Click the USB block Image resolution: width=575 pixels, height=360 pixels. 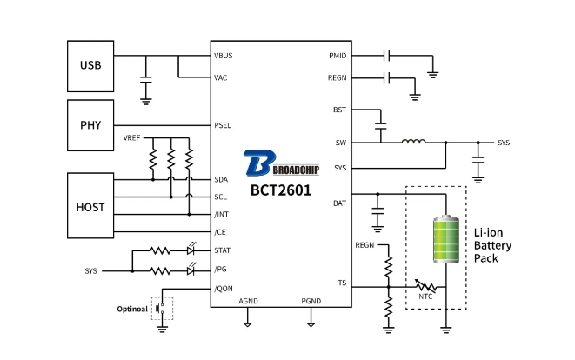91,64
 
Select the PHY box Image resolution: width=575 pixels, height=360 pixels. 91,124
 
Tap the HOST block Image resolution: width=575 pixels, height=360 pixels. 91,207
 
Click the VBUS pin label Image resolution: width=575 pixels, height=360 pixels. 224,56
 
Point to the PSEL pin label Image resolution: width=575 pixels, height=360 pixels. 223,124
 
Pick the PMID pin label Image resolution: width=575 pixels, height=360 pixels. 338,56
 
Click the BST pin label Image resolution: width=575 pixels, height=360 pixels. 339,110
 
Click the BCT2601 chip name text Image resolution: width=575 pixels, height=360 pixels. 281,190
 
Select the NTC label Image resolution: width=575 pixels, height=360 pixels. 425,297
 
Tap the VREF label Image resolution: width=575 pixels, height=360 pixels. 133,138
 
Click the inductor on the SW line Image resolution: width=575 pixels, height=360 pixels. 413,142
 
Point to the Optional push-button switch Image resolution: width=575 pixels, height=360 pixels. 161,308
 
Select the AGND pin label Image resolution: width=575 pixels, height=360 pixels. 249,302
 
